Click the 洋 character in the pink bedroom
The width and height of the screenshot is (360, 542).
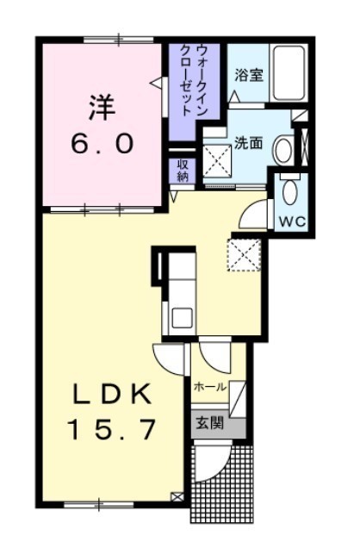[x=102, y=108]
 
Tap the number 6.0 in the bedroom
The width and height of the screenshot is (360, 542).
[x=102, y=144]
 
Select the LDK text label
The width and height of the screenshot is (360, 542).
[x=112, y=394]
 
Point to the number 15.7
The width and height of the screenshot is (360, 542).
[x=112, y=429]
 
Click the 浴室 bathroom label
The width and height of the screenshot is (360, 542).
[x=249, y=75]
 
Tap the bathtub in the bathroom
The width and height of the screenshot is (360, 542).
[x=289, y=73]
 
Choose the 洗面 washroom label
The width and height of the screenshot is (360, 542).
[x=249, y=143]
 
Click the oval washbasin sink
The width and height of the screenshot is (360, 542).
[x=283, y=150]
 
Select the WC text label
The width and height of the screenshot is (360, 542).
[x=293, y=221]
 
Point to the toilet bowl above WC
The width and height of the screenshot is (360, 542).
[x=290, y=191]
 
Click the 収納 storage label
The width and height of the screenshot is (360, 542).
[x=182, y=170]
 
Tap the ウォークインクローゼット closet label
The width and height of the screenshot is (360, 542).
[x=194, y=80]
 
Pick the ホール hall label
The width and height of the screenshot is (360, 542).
[x=209, y=387]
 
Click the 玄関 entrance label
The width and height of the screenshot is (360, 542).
[x=209, y=423]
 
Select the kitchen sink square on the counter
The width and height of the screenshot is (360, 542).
[x=182, y=318]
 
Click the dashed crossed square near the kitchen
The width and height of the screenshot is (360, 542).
[x=244, y=255]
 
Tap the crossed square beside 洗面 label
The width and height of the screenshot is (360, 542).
[x=217, y=161]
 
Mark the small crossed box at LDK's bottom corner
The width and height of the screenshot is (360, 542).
[x=177, y=496]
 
